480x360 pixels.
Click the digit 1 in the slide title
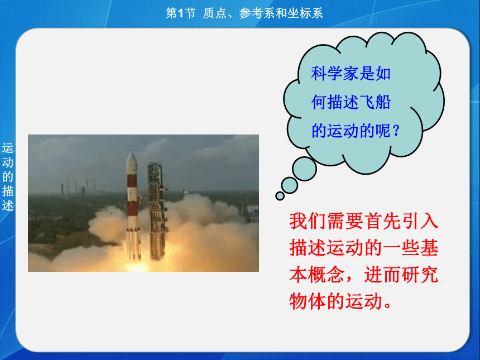tap(180, 13)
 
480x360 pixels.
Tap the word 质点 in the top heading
tap(214, 13)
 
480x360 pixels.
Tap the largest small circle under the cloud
tap(304, 169)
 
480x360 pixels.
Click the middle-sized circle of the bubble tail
tap(289, 185)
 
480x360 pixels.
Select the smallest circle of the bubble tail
tap(280, 196)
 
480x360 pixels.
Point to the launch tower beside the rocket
tap(156, 211)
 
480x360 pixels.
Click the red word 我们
tap(308, 221)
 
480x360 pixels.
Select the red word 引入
tap(420, 221)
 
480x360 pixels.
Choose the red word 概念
tap(327, 275)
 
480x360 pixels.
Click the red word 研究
tap(420, 275)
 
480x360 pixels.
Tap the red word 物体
tap(308, 301)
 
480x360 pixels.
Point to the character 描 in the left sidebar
tap(8, 191)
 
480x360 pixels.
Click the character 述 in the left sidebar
tap(8, 205)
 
